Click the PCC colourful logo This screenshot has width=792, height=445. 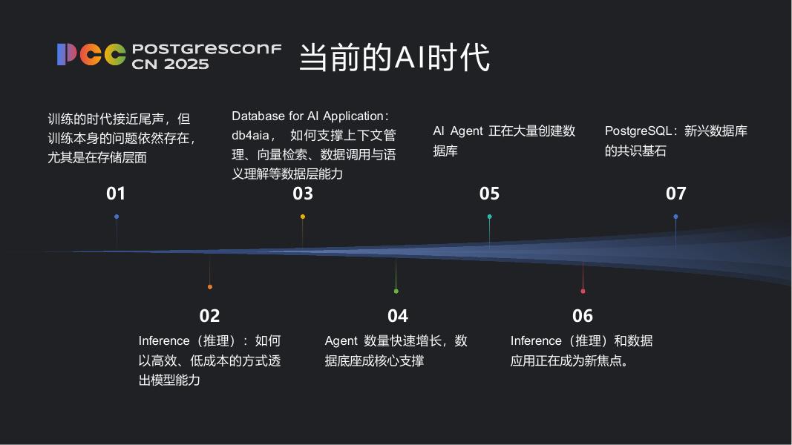click(91, 55)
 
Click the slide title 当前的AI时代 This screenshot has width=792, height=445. click(394, 57)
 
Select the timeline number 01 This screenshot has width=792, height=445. click(116, 194)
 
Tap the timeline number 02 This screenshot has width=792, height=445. click(209, 316)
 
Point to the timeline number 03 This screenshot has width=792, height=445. click(303, 194)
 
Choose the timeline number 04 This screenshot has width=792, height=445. click(398, 316)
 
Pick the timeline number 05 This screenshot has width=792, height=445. click(489, 194)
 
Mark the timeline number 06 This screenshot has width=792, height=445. click(583, 316)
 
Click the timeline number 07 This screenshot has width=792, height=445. click(675, 194)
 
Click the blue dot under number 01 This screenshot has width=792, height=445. click(117, 217)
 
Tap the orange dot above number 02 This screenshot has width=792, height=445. click(210, 287)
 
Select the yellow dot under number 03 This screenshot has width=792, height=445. click(303, 217)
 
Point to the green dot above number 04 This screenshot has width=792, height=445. click(396, 291)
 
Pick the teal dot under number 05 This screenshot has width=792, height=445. click(489, 217)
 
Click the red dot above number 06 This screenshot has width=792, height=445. click(583, 291)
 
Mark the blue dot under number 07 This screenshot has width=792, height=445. click(675, 217)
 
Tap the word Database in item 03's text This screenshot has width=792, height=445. click(258, 116)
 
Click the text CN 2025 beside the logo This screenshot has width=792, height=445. click(170, 65)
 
